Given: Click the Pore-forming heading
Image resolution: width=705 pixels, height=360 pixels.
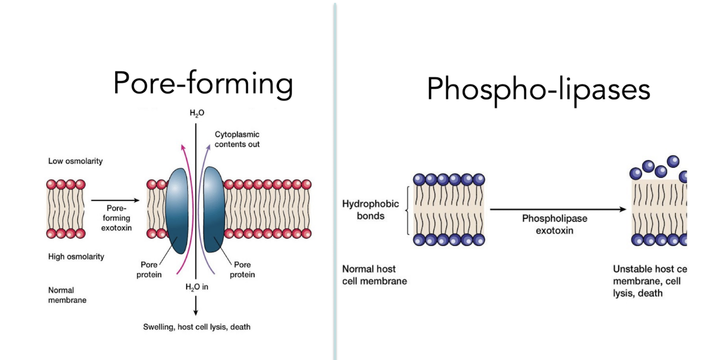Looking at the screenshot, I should pos(203,84).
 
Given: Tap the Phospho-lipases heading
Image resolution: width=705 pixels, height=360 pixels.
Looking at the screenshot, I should pos(538,89).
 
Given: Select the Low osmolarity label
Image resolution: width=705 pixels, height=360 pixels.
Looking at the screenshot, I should pos(75,161).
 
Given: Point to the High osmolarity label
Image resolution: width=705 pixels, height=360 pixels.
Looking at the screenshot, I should pos(76,257).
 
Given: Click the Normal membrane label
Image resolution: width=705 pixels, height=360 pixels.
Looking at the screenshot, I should pos(67,295).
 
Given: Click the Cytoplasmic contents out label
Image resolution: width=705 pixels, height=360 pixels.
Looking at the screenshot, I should pos(237,140).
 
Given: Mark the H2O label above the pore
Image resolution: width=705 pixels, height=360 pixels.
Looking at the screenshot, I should pos(197,113).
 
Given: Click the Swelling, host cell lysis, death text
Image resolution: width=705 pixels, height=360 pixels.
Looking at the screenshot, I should pos(197,327).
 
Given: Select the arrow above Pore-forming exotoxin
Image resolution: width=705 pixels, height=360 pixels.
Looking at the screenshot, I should pos(115,200).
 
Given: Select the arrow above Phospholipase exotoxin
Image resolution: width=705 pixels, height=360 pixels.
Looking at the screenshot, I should pos(558,209).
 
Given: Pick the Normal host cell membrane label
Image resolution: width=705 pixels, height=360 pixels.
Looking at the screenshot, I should pos(374,275).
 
